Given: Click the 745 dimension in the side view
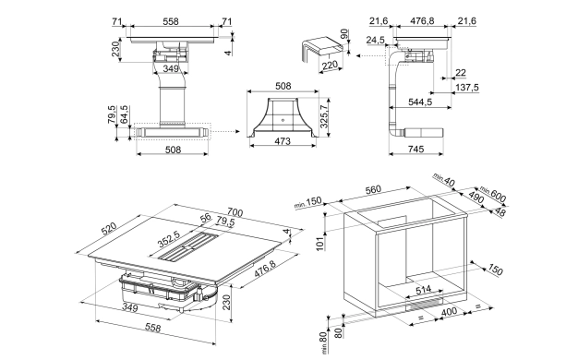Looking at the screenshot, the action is point(415,149).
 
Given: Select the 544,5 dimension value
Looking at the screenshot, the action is point(420,102).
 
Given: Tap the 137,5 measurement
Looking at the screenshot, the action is point(467,88).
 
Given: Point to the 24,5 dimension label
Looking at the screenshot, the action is point(375,40).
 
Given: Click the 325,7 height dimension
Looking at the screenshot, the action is point(324,116).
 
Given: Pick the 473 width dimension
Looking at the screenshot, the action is point(283,141).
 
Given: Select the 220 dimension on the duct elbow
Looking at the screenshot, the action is point(330,66).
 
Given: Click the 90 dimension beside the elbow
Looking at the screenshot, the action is point(344,34).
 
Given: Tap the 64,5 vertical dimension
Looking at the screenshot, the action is point(125,114).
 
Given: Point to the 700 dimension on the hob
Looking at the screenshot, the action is point(235,212).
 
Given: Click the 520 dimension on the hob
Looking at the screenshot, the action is point(109,229).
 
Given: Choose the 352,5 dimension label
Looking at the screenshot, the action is point(168,239).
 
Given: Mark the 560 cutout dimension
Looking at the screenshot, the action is point(373,190).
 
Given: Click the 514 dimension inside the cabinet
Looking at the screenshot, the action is point(423,289).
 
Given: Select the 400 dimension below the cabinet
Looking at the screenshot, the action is point(449,312).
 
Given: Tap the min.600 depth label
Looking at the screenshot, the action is point(493,195).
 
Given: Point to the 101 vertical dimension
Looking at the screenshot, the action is point(320,244).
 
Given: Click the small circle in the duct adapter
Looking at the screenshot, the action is point(283,120).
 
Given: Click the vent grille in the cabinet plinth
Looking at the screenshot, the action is point(425,304).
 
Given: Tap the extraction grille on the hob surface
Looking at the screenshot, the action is point(189,246).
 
